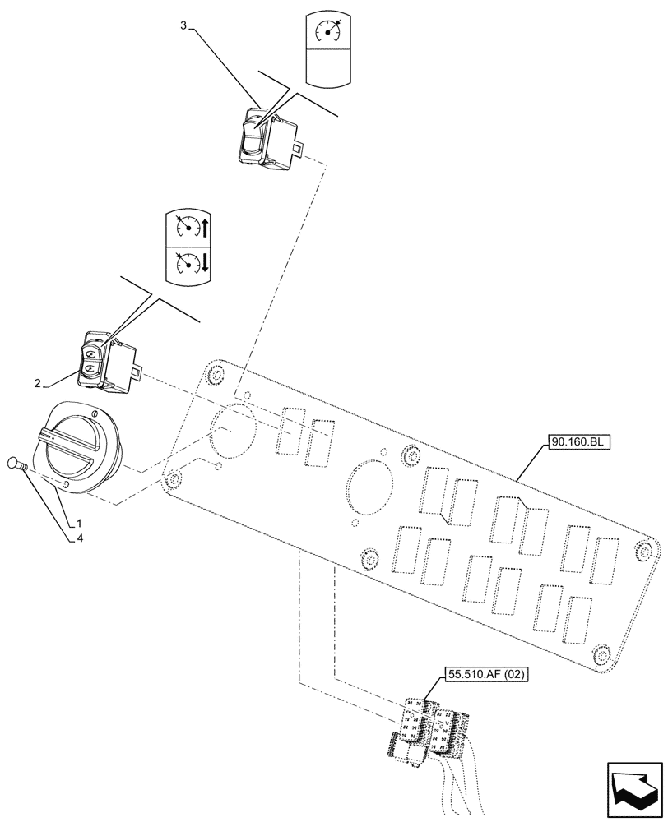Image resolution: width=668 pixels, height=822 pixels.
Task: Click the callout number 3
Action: tap(183, 25)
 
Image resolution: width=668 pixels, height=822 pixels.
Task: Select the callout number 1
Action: tap(79, 523)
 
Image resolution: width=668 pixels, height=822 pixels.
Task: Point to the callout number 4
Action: tap(79, 539)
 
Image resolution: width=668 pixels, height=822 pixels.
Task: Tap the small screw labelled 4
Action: tap(17, 465)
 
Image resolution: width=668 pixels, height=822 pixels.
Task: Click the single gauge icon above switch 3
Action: tap(329, 30)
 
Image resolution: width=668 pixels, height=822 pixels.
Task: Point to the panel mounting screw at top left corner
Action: tap(216, 376)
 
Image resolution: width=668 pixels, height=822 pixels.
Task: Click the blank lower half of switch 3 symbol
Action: tap(329, 67)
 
